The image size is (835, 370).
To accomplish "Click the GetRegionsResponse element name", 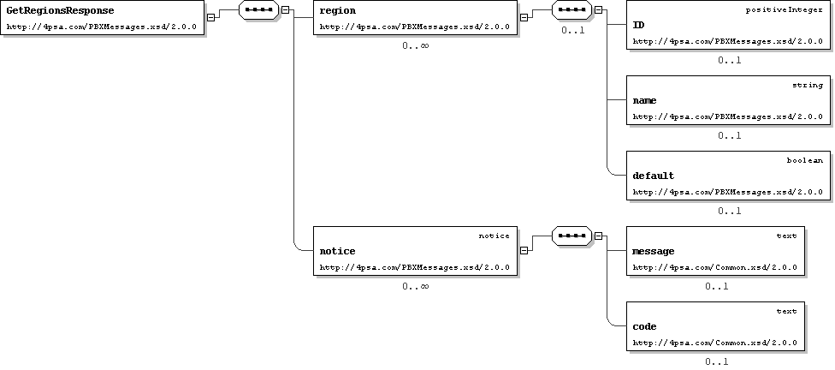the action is coord(60,10).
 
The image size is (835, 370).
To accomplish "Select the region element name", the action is coord(338,10).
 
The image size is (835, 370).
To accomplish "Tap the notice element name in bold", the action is coord(337,251).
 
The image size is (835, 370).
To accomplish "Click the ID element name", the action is coord(638,25).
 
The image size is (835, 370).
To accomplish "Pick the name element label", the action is coord(644,101).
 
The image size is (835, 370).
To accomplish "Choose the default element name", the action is coord(653,176).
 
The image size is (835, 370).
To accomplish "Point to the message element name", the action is coord(654,251).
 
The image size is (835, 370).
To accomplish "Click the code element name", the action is coord(644,326).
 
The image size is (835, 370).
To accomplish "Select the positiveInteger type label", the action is coord(784,10).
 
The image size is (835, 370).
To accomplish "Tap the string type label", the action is coord(808,86).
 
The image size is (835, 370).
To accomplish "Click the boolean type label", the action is coord(805,160).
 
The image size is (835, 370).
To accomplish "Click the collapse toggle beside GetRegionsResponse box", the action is coord(210,17).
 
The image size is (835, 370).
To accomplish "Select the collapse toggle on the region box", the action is coord(524,17).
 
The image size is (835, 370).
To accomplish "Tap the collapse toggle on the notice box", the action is coord(524,250).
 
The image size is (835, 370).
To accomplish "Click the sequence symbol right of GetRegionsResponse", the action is coord(259,9).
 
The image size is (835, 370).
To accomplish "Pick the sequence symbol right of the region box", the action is coord(572,9).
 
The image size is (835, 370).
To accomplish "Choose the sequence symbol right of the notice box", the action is coord(572,236).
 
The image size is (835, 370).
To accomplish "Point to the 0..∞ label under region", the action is coord(416,46).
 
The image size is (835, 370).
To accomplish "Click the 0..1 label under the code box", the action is coord(716,362).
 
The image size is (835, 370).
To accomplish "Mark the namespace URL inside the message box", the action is coord(714,267).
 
